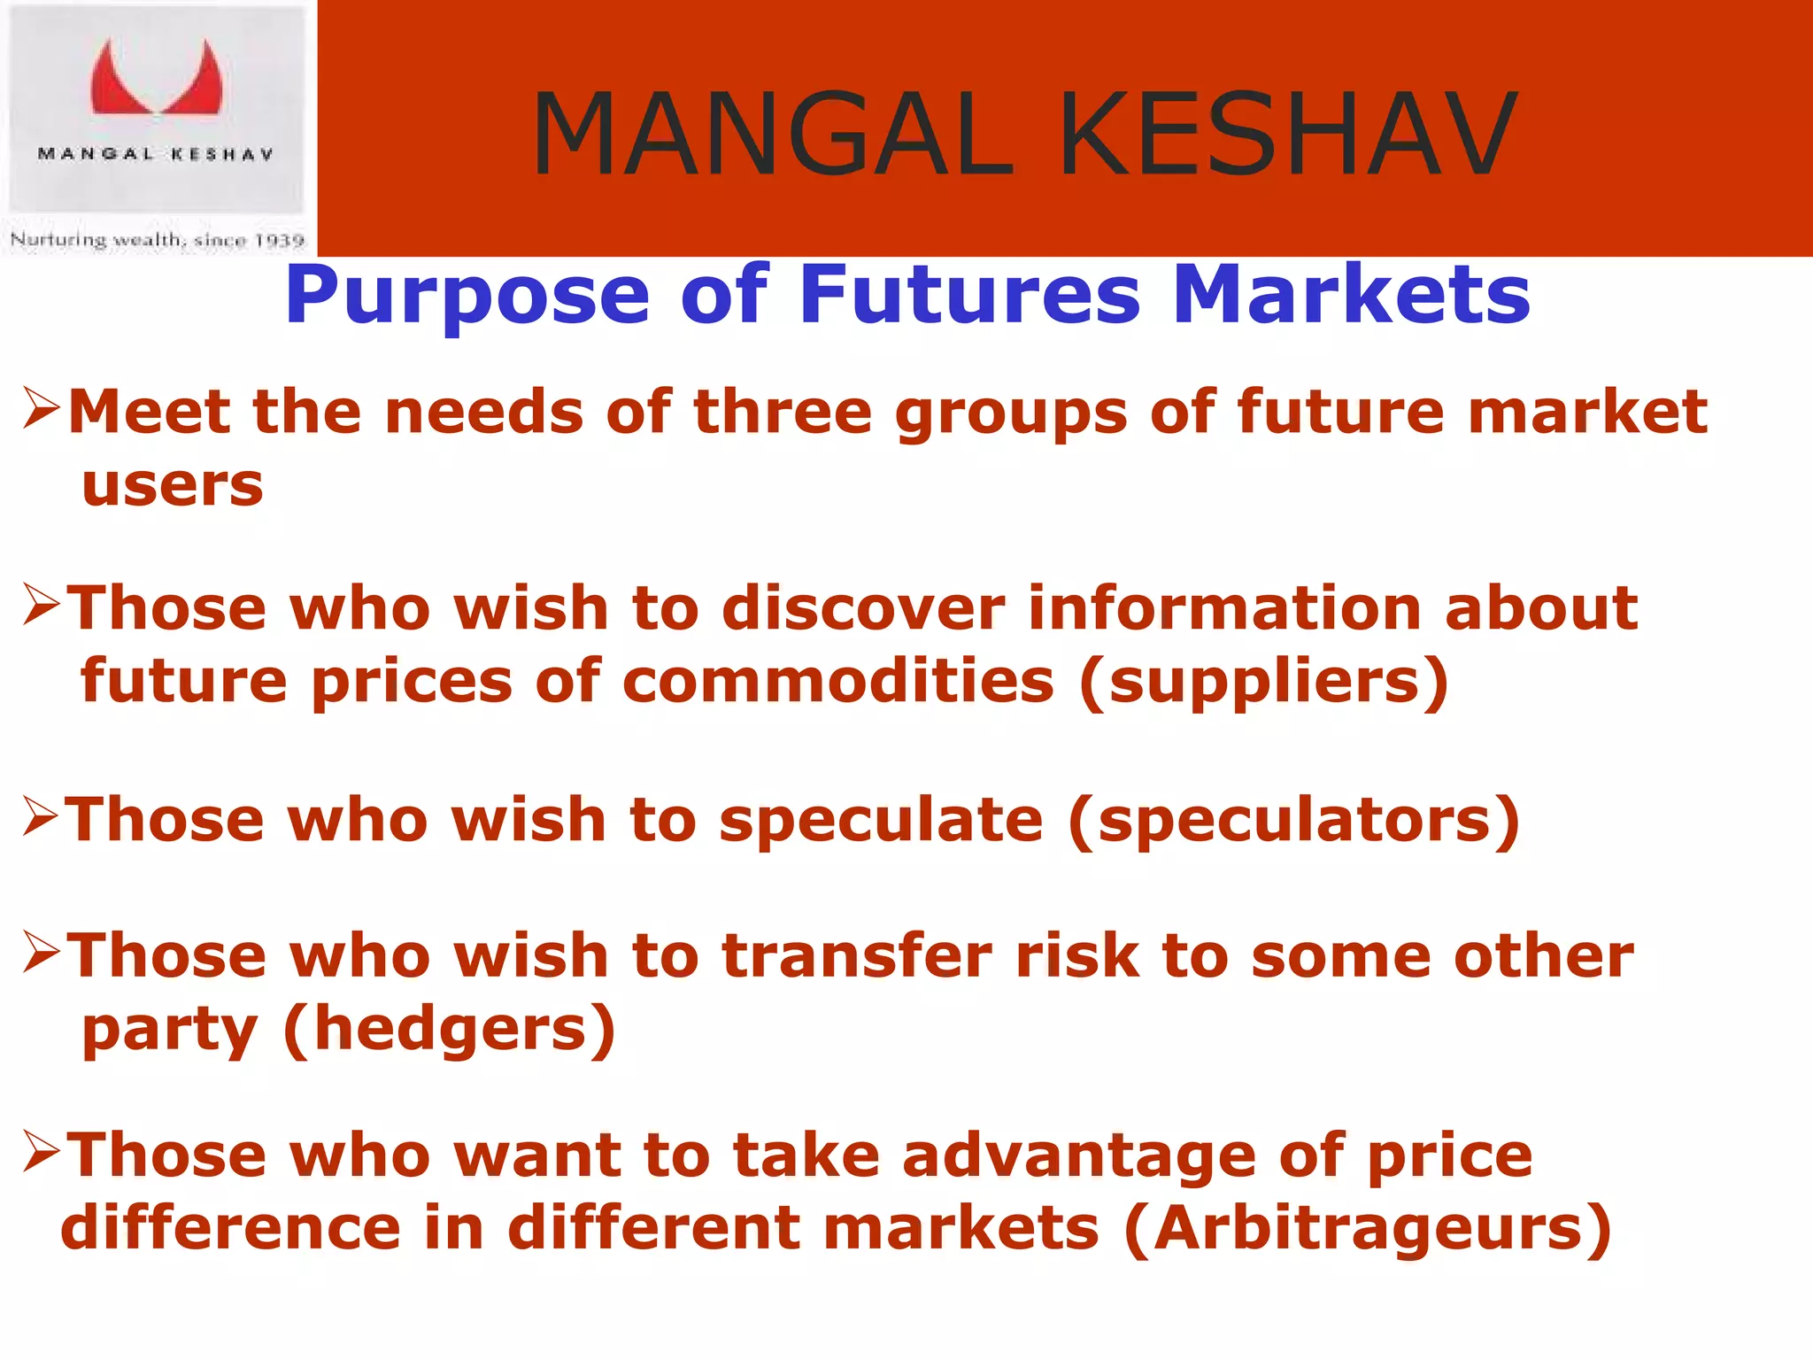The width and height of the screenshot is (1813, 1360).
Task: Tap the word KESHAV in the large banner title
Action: [x=1288, y=135]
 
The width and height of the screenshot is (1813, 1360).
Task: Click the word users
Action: [x=173, y=486]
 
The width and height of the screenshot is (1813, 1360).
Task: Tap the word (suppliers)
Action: [x=1263, y=682]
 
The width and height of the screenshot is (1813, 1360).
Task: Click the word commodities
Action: [x=838, y=682]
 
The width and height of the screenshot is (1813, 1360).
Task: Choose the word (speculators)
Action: [x=1294, y=820]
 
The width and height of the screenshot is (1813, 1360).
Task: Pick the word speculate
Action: [x=881, y=820]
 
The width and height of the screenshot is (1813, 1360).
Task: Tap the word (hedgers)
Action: [x=449, y=1030]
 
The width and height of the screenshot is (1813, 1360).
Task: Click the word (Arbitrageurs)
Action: [x=1368, y=1229]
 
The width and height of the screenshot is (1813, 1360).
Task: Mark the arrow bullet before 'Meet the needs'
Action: [x=41, y=408]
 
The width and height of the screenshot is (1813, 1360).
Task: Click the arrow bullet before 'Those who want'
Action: [x=41, y=1151]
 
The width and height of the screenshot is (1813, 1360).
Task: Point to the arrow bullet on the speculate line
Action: [x=41, y=815]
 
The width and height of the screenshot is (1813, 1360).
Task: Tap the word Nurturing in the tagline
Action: [x=58, y=239]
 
